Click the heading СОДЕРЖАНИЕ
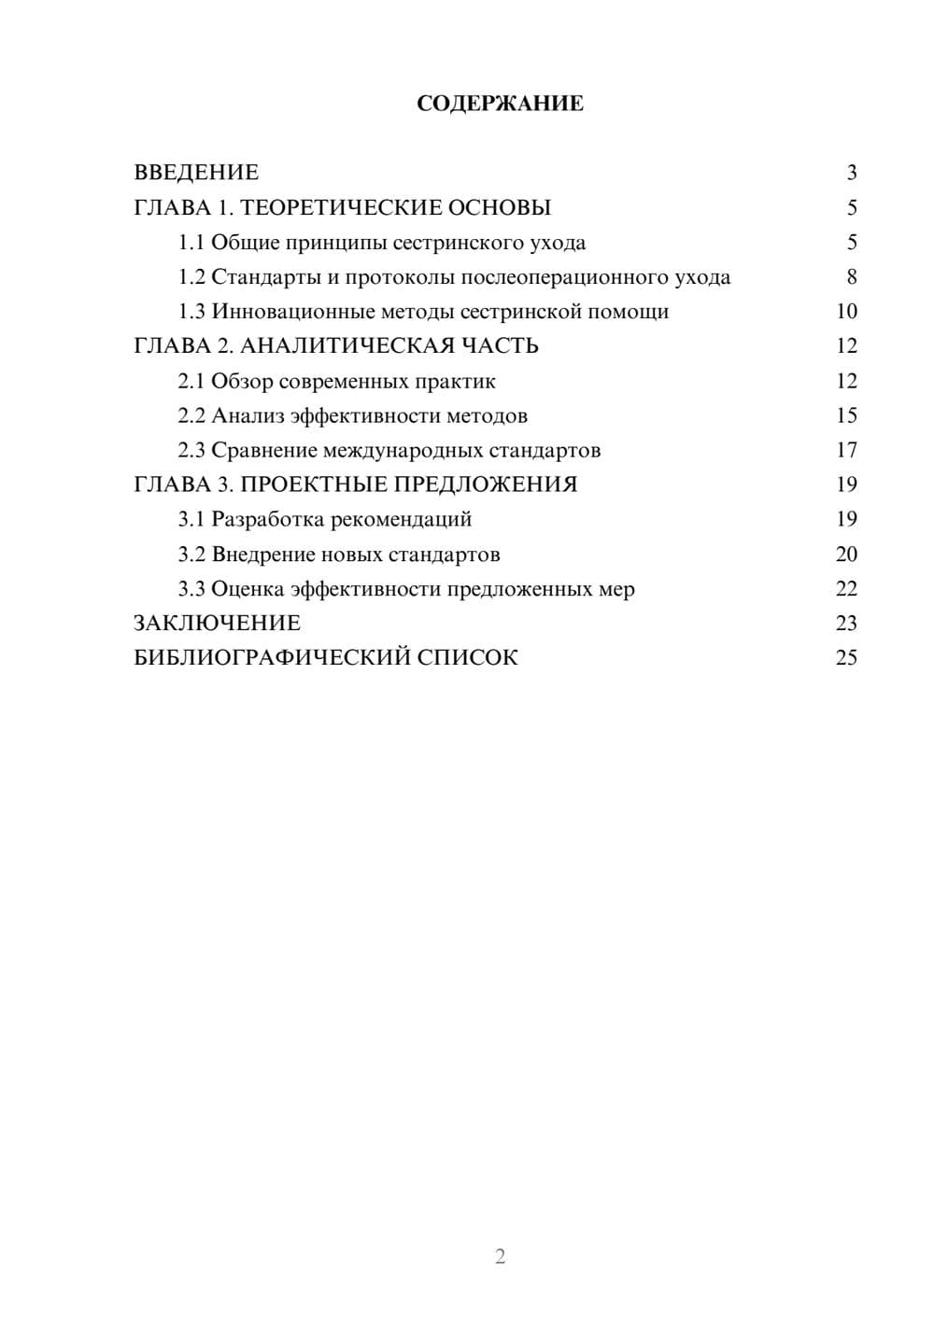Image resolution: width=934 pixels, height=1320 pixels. click(500, 104)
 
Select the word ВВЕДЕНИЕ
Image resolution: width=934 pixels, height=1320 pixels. click(196, 173)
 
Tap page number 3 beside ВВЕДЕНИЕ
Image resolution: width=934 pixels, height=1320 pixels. click(851, 173)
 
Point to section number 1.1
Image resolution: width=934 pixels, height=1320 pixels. click(191, 243)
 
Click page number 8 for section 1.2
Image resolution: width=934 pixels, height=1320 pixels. click(851, 277)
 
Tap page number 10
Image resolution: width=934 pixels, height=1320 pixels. click(846, 312)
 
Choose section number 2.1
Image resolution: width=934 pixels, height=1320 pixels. click(191, 381)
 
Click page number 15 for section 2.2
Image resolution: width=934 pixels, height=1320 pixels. click(846, 415)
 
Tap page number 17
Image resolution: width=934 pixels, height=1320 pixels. click(846, 451)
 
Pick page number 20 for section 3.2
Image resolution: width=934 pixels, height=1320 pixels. click(846, 555)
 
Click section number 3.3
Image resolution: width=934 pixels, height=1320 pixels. click(191, 589)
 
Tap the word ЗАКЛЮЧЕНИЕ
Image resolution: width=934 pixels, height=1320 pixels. click(217, 623)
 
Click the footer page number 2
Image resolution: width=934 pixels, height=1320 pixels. click(500, 1257)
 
